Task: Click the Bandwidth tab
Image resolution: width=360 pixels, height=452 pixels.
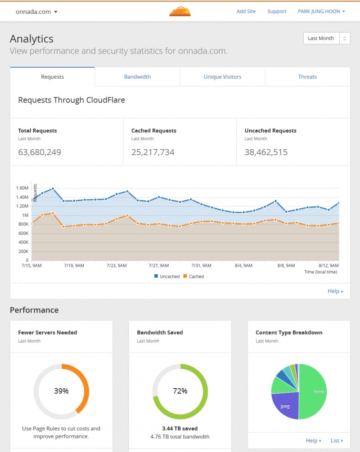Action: click(x=137, y=77)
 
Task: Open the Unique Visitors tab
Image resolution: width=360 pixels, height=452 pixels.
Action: click(x=222, y=77)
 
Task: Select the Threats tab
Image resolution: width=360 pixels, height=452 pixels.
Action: click(x=307, y=77)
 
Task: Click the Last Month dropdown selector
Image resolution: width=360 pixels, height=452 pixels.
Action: click(x=327, y=38)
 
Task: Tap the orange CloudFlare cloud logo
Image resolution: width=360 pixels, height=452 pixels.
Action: click(x=180, y=11)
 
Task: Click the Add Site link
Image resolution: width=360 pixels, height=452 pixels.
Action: click(x=246, y=11)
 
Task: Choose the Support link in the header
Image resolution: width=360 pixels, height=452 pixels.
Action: click(x=277, y=11)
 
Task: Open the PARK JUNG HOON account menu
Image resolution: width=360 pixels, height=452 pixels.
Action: click(x=321, y=11)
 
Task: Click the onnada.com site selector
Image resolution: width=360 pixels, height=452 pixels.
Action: click(x=36, y=12)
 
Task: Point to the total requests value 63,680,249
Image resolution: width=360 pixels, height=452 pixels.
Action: click(x=40, y=152)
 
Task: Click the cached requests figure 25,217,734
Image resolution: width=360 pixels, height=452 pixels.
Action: click(x=153, y=152)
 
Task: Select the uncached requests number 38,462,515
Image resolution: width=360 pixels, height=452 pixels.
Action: click(x=266, y=152)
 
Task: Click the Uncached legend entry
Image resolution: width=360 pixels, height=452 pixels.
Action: click(x=167, y=277)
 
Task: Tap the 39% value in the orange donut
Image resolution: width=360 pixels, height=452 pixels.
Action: click(x=61, y=391)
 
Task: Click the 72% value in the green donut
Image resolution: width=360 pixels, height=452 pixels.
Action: click(x=180, y=391)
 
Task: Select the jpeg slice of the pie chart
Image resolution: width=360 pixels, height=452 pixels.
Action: click(x=285, y=406)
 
